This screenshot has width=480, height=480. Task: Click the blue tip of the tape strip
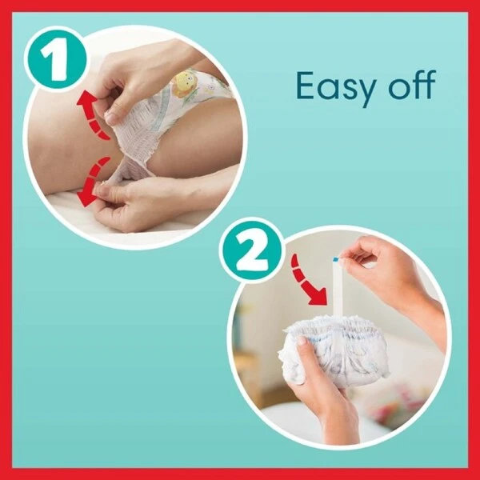pyautogui.click(x=336, y=259)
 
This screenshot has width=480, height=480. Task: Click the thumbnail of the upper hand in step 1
pyautogui.click(x=111, y=116)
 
